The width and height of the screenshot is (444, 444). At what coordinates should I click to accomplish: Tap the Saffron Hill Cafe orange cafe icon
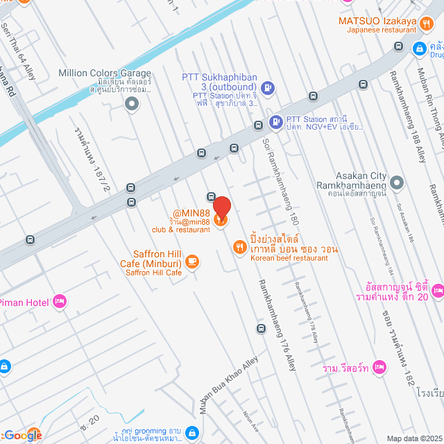click(191, 262)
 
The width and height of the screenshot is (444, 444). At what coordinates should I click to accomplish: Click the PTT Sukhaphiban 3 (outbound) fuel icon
click(268, 88)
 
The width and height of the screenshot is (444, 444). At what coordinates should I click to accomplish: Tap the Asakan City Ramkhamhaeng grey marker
click(397, 183)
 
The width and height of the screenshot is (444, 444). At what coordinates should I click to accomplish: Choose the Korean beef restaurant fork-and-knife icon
click(239, 246)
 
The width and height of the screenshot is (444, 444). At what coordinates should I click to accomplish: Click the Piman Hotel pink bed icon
click(60, 301)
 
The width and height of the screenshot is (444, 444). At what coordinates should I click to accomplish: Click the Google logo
click(22, 435)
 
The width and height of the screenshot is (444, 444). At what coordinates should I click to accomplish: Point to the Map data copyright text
click(414, 438)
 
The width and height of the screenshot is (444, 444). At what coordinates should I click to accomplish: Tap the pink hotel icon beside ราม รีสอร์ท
click(379, 367)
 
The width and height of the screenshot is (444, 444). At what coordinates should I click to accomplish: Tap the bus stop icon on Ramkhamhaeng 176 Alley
click(261, 328)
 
